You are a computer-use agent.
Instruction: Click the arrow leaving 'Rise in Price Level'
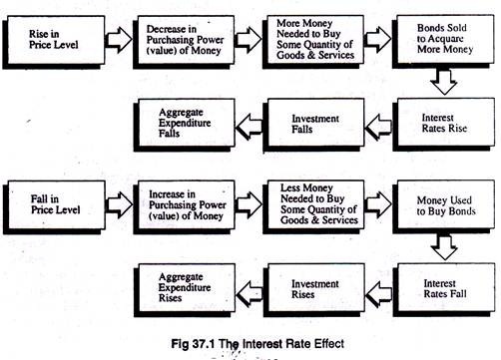[118, 41]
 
